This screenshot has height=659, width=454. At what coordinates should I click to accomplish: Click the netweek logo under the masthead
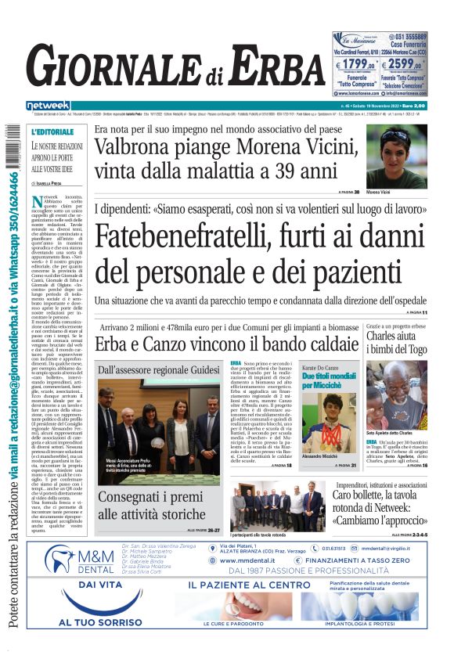pos(48,106)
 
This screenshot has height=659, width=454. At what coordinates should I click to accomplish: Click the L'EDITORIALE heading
pos(52,132)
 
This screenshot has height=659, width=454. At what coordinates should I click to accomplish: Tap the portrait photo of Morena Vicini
pos(396,156)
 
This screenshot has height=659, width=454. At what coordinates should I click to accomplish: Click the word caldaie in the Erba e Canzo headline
pos(322,344)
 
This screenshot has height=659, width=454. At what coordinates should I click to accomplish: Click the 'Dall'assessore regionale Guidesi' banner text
pos(159,369)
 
